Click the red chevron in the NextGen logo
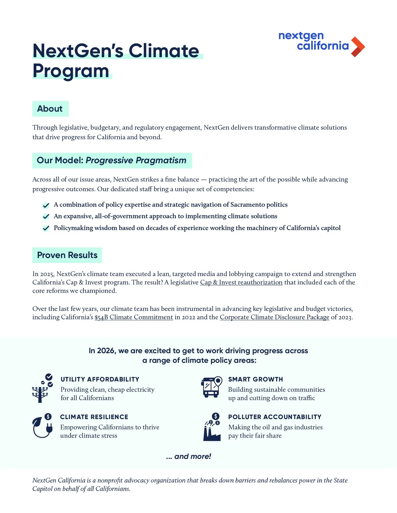click(x=358, y=47)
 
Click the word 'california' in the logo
click(x=323, y=46)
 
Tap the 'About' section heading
click(x=50, y=109)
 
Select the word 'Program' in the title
click(x=71, y=71)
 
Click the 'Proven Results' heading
click(x=67, y=255)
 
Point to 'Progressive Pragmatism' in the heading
click(x=136, y=160)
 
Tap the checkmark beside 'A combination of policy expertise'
click(x=46, y=205)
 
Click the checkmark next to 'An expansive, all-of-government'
click(x=46, y=217)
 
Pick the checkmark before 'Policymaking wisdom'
click(x=46, y=228)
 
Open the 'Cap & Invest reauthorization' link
click(x=241, y=282)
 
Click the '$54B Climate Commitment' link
click(x=134, y=317)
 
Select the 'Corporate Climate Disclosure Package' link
click(x=274, y=317)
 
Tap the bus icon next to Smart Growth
click(x=211, y=387)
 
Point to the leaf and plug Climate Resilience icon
click(x=42, y=426)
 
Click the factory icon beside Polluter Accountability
click(x=212, y=427)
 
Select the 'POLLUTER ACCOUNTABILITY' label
click(x=275, y=417)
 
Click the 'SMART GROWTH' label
click(x=255, y=379)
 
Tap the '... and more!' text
click(x=189, y=456)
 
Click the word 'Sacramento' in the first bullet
click(x=247, y=205)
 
